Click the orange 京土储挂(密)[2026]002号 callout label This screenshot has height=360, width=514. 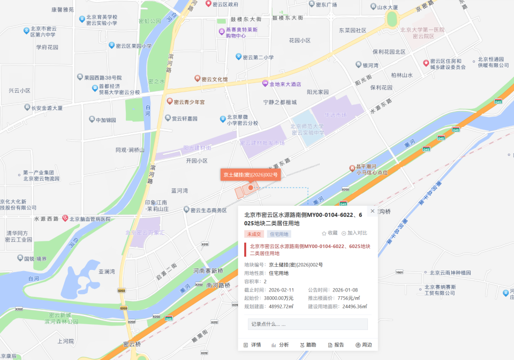point(251,175)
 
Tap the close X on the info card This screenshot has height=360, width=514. point(373,211)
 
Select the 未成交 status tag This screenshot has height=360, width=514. point(254,234)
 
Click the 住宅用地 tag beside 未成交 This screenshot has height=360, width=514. point(279,234)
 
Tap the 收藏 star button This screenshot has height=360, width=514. point(330,233)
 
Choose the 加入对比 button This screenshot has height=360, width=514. point(354,233)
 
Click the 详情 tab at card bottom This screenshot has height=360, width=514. point(252,344)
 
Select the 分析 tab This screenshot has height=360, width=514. point(280,344)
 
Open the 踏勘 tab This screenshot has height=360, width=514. point(308,344)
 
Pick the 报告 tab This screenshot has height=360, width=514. point(336,344)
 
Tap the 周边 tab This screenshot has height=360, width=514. point(364,344)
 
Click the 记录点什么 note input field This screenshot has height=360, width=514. point(307,324)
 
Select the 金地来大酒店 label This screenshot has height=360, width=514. point(284,84)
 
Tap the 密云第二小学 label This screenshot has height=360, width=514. point(258,57)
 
